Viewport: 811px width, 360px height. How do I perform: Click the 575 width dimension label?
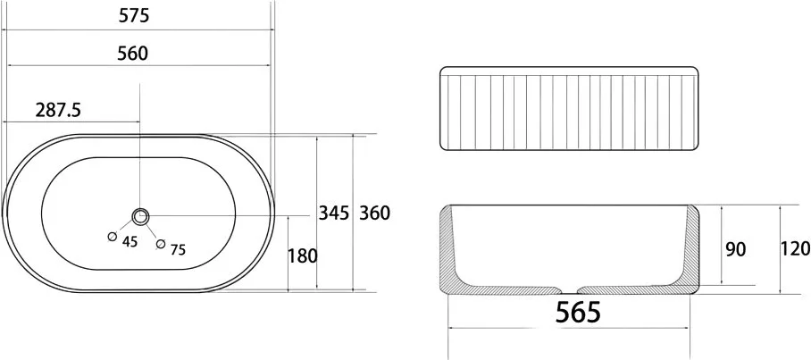coord(134,15)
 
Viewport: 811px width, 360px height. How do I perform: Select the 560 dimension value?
coord(132,54)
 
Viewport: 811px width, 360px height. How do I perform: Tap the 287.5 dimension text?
coord(58,110)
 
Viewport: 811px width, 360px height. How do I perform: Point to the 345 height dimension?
coord(334,213)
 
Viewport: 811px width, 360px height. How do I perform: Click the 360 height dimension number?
coord(374,213)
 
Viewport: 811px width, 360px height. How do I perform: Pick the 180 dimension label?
coord(302,255)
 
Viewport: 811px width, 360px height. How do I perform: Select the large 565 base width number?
coord(578,312)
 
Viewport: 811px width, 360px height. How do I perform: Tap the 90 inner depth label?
coord(735,249)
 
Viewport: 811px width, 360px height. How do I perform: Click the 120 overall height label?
coord(795,249)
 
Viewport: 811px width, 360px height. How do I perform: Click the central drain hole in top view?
coord(140,216)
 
